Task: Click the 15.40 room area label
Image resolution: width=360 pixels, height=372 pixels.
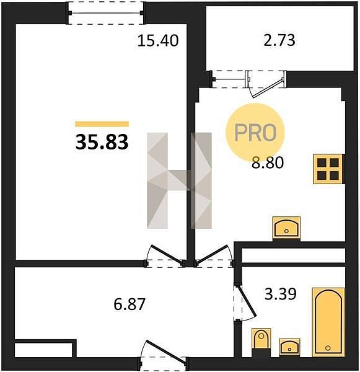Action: [x=158, y=40]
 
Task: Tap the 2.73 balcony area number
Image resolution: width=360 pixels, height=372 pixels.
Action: [x=279, y=40]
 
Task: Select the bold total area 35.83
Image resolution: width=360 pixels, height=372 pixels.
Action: [x=102, y=142]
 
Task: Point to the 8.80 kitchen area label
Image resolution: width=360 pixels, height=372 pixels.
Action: [x=268, y=162]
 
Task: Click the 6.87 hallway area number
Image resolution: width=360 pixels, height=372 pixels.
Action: [x=130, y=304]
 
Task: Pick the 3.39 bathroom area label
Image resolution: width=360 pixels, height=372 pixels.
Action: [x=280, y=294]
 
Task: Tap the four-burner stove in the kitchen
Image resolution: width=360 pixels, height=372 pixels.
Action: [x=328, y=169]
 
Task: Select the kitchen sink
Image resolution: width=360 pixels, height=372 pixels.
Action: [x=286, y=228]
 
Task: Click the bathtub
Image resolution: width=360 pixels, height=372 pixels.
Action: [x=328, y=322]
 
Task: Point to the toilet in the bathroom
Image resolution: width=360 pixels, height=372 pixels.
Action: [x=261, y=341]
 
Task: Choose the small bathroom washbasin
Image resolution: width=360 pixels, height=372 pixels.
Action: [x=289, y=347]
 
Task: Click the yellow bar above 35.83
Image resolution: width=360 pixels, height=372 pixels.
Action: [x=102, y=124]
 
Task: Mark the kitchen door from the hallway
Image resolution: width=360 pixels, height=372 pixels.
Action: [x=214, y=256]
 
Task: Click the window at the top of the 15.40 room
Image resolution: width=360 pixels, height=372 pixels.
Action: [x=105, y=13]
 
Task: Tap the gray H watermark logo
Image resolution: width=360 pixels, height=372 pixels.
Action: [x=179, y=180]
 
